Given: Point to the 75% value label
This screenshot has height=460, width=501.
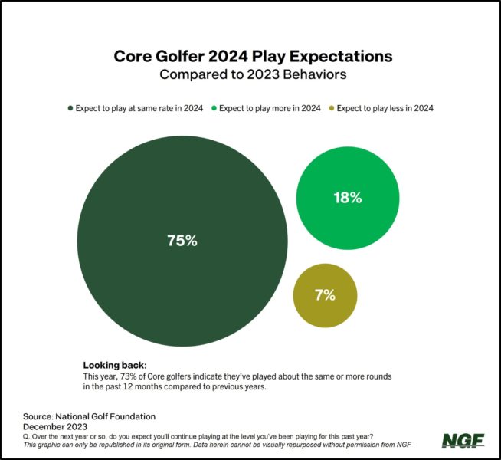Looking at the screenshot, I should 182,240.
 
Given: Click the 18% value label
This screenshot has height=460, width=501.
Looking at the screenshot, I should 347,197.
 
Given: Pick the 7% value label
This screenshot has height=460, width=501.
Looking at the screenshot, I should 325,295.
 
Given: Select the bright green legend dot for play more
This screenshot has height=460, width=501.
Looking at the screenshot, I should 214,108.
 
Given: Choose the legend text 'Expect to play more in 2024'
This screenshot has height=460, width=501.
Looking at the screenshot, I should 270,108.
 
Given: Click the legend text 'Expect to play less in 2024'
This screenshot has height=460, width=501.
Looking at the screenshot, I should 385,108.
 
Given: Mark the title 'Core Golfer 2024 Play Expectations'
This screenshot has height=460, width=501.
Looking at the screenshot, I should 253,57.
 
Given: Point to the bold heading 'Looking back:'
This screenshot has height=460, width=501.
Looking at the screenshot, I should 114,365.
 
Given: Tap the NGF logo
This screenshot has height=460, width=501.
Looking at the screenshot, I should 463,440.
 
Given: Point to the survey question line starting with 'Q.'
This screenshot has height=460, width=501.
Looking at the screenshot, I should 199,435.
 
